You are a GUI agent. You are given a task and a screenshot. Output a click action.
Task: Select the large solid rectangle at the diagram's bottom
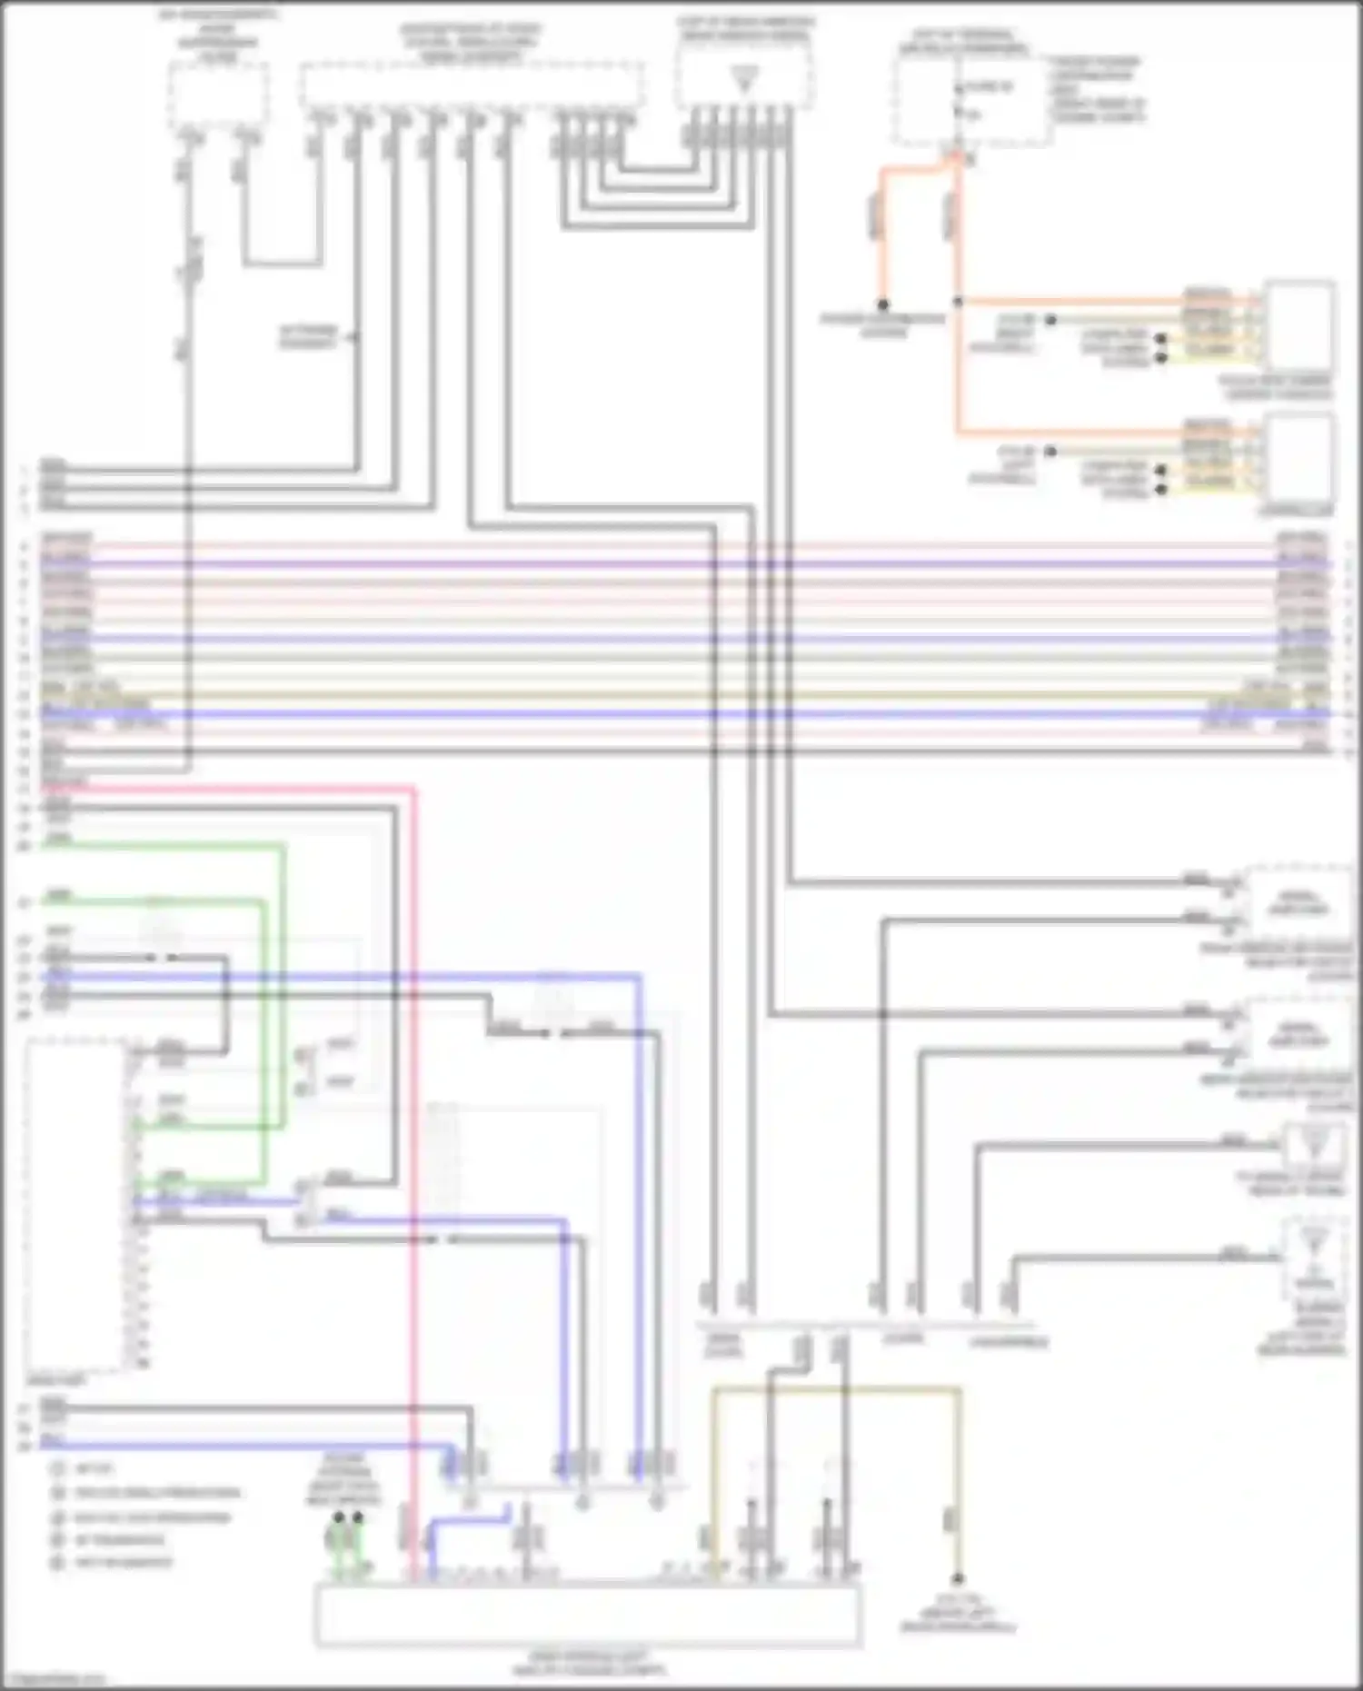587,1616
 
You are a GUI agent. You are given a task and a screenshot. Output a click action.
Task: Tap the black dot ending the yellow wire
957,1579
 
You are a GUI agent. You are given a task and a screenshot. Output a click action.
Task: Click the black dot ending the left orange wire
882,304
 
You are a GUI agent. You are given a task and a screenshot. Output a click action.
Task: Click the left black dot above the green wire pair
339,1517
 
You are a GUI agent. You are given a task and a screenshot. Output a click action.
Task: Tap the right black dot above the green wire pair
358,1517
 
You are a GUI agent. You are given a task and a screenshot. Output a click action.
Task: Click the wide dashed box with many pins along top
473,86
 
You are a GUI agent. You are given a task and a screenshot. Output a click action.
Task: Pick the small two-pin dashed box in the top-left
217,95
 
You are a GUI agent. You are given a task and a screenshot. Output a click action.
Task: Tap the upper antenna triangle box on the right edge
1314,1147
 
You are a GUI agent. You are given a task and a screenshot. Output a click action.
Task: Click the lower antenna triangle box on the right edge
1314,1258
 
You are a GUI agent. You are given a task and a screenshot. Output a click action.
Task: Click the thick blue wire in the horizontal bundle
681,714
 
